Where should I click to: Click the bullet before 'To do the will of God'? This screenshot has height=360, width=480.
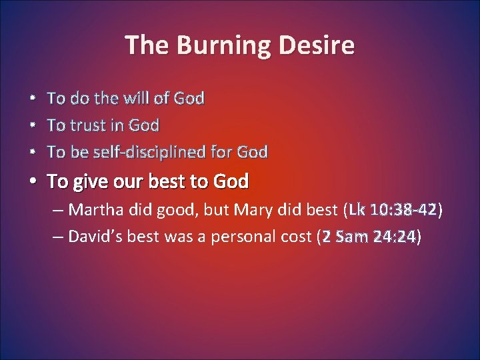click(33, 99)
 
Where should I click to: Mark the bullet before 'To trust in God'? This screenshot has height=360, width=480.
click(33, 126)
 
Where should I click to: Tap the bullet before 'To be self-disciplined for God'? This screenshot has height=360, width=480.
click(33, 153)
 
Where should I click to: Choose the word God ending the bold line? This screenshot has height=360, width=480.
click(230, 181)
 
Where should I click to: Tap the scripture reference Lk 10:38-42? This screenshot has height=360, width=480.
click(393, 211)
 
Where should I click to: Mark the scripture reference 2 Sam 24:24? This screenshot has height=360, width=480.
click(369, 236)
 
